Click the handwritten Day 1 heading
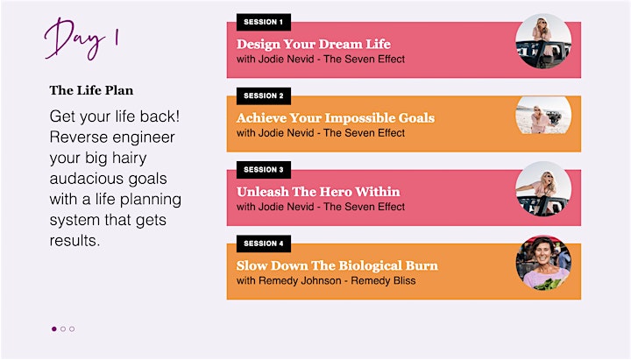point(82,39)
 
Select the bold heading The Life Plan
point(91,90)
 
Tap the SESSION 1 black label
point(264,22)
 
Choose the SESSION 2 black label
point(264,95)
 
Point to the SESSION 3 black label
point(264,170)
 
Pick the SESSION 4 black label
point(264,244)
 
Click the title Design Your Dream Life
point(314,44)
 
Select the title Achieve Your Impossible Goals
point(336,118)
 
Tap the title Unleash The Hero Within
point(318,192)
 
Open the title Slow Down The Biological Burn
point(337,265)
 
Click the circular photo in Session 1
point(543,41)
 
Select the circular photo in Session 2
point(543,115)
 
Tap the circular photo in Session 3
point(543,189)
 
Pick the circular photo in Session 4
point(543,263)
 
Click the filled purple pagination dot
point(54,329)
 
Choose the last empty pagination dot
point(72,329)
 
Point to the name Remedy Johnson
point(300,281)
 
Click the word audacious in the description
point(109,179)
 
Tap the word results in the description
point(74,241)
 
